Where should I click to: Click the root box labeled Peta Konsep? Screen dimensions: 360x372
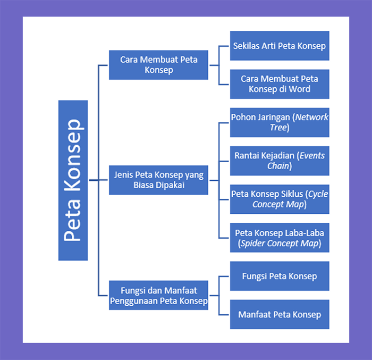point(73,180)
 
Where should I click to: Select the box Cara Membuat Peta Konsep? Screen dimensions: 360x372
point(158,65)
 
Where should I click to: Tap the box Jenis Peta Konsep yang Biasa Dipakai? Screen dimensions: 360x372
point(158,180)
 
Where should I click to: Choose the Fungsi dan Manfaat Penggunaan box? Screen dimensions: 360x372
point(158,296)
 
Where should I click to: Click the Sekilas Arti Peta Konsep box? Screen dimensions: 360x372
point(279,46)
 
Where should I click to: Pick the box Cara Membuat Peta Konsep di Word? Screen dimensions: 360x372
point(279,84)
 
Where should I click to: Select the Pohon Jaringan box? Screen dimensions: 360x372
point(279,122)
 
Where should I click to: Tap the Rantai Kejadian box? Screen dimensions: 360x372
point(279,161)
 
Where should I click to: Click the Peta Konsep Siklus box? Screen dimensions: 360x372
point(279,199)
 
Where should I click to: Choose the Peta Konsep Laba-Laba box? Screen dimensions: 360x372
point(279,238)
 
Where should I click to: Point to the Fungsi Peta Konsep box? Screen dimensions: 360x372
point(279,276)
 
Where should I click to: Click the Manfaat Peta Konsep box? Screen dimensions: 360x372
point(279,314)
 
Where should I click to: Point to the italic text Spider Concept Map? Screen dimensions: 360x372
point(280,244)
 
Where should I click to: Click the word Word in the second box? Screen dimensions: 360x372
point(300,89)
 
